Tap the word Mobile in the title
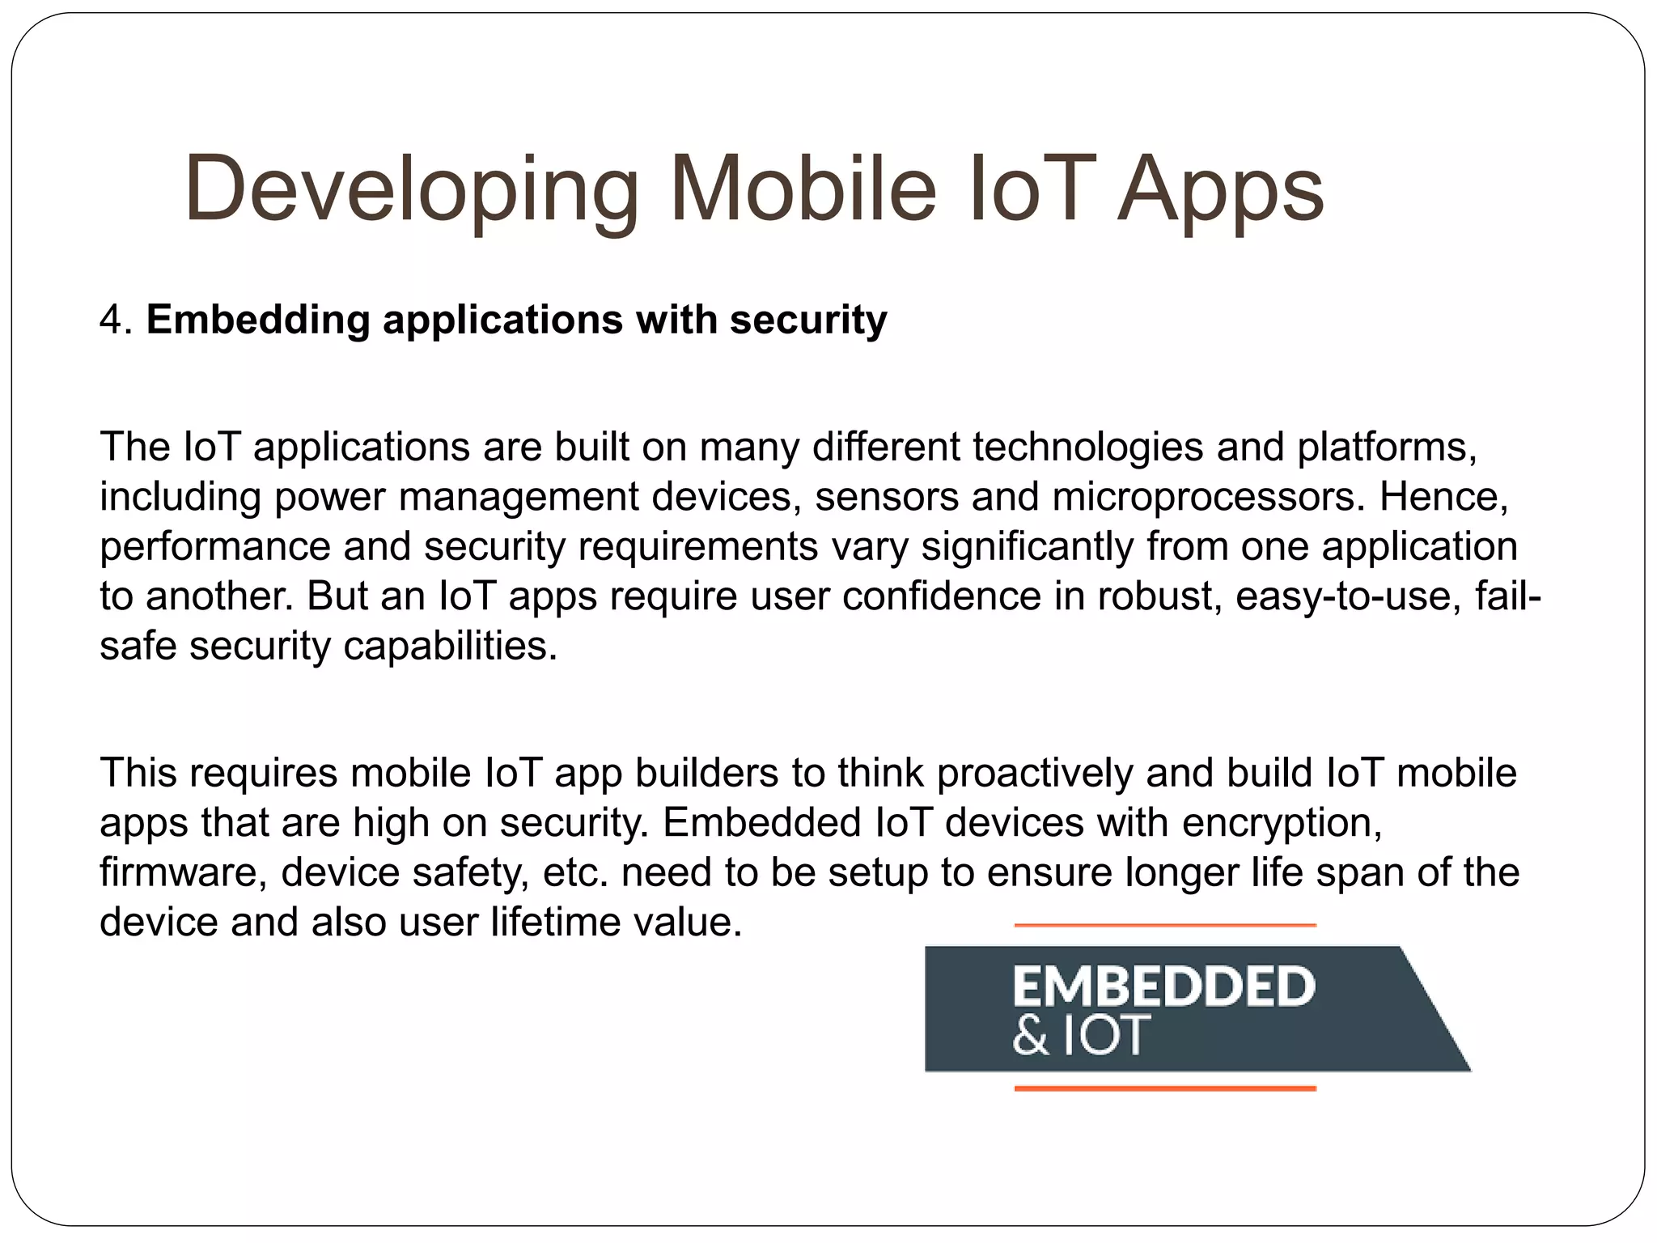pos(803,189)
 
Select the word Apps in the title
pos(1220,191)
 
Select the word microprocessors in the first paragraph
pos(1203,497)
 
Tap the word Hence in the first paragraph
pos(1443,497)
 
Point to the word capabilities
pos(450,646)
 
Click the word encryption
pos(1282,823)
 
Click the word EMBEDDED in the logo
pos(1163,986)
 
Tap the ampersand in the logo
pos(1029,1035)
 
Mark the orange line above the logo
pos(1165,925)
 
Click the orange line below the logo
pos(1165,1089)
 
